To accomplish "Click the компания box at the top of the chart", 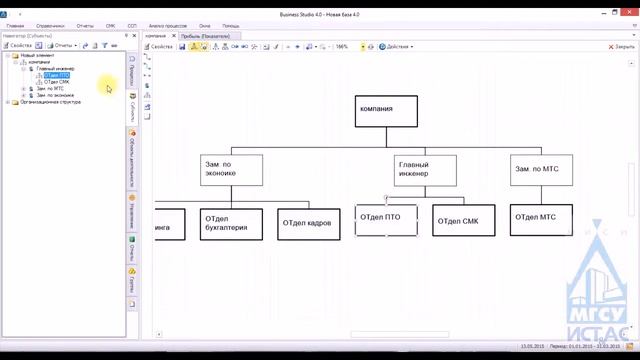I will click(x=387, y=110).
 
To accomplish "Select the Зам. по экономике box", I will click(x=231, y=169).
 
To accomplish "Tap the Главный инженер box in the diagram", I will click(x=426, y=169).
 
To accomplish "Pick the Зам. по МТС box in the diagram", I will click(x=542, y=169).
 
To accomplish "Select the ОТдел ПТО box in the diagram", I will click(x=386, y=220).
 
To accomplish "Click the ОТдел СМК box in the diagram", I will click(x=464, y=220).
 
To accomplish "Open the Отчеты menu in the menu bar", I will click(x=85, y=26).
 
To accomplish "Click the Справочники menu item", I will click(x=50, y=26).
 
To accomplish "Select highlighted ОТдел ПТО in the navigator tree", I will click(x=57, y=75).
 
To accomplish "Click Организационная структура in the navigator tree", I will click(x=50, y=102).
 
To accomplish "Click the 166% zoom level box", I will click(x=344, y=46).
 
